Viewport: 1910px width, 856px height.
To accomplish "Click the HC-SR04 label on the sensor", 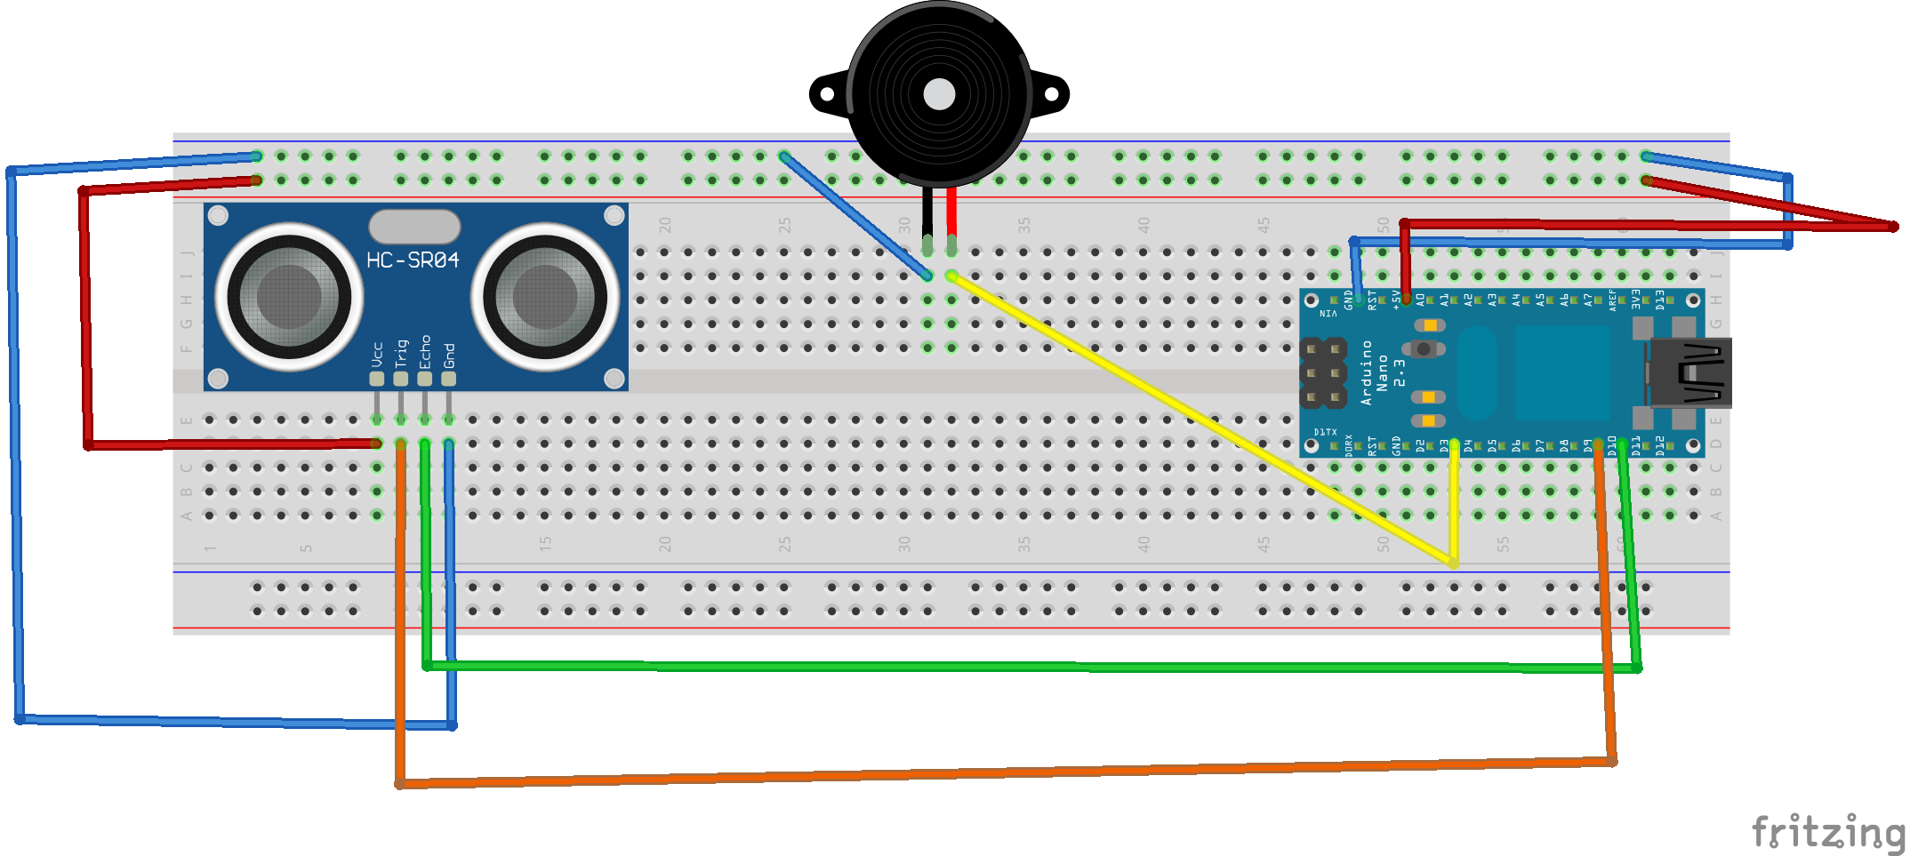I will click(413, 260).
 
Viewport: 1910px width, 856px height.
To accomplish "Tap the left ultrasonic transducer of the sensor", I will click(289, 296).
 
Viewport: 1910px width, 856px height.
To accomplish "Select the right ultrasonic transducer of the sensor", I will click(545, 296).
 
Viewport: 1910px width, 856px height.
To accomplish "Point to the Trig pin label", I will click(401, 352).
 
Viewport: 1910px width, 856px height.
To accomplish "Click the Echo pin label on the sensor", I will click(425, 352).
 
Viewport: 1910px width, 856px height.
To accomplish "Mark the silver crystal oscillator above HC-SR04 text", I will click(414, 227).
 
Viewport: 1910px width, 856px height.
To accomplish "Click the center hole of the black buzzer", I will click(939, 94).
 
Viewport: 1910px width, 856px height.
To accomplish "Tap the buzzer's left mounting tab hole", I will click(827, 93).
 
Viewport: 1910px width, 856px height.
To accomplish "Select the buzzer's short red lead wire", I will click(951, 211).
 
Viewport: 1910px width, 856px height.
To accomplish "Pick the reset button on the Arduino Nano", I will click(1424, 349).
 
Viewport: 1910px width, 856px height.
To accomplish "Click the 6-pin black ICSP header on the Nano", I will click(1323, 373).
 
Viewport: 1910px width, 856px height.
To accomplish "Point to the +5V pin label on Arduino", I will click(1396, 299).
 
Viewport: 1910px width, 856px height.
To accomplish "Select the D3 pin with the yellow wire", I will click(1453, 444).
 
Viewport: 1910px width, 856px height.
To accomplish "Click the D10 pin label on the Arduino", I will click(1612, 445).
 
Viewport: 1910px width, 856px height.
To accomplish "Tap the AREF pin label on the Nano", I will click(1612, 299).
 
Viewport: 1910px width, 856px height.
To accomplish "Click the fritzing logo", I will click(1828, 832).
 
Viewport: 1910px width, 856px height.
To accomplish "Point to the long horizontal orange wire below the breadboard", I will click(1005, 773).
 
